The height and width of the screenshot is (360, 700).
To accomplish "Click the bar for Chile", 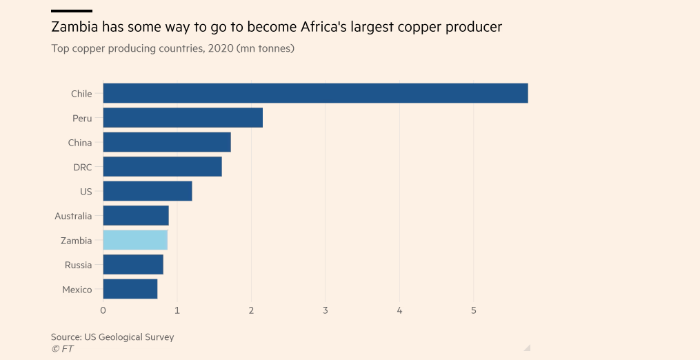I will tap(315, 93).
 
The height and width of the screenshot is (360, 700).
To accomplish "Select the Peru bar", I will tap(183, 118).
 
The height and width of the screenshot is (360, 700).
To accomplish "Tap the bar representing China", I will tap(167, 143).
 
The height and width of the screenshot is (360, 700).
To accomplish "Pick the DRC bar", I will tap(162, 167).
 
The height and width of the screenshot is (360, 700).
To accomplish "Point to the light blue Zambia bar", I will tap(135, 240).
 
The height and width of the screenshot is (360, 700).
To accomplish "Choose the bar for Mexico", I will tap(130, 289).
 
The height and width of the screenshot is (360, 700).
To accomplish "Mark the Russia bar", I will tap(133, 265).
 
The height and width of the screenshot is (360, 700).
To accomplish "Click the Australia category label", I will tap(73, 216).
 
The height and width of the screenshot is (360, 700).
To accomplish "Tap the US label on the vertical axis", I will tap(86, 192).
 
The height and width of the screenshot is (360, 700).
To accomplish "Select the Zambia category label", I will tap(76, 241).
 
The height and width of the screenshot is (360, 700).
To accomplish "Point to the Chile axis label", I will tap(81, 94).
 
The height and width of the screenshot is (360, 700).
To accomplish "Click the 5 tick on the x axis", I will tap(474, 311).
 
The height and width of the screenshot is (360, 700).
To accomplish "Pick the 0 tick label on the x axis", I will tap(103, 311).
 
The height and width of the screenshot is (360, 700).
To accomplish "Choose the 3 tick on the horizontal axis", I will tap(326, 311).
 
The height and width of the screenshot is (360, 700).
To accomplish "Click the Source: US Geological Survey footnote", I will tap(112, 337).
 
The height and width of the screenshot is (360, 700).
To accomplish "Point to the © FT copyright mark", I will tap(62, 349).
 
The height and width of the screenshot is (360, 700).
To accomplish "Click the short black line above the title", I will tap(71, 11).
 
